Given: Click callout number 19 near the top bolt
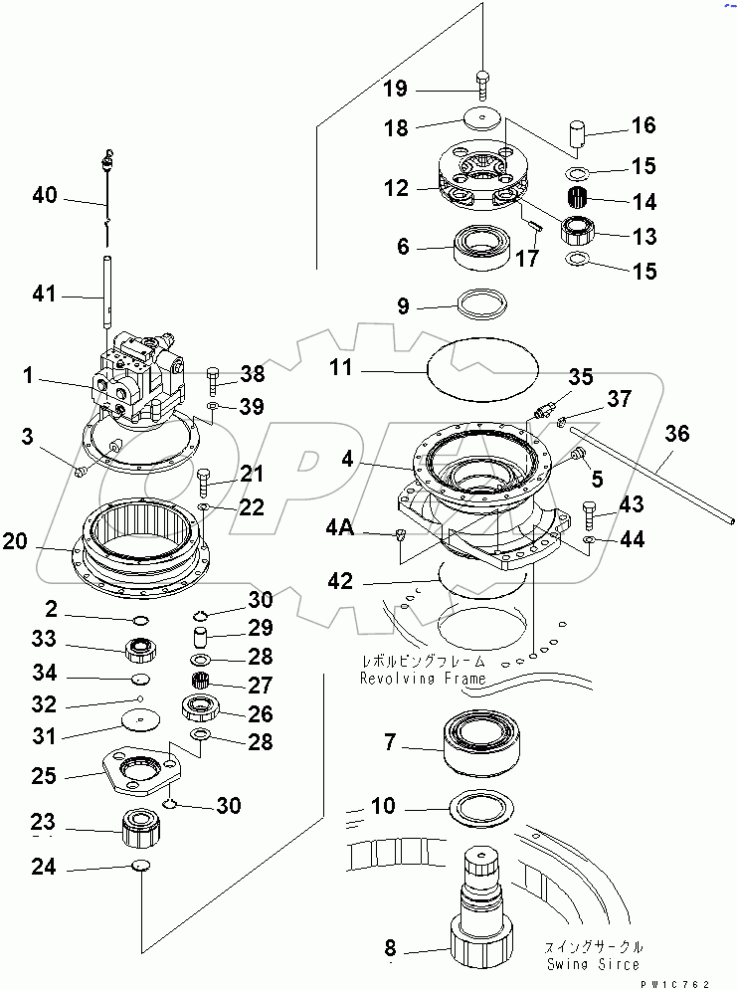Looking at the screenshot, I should click(x=395, y=90).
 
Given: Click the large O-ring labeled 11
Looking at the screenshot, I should click(x=482, y=369).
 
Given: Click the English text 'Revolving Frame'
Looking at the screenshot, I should click(x=423, y=679).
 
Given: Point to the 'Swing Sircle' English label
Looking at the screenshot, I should click(x=593, y=964).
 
